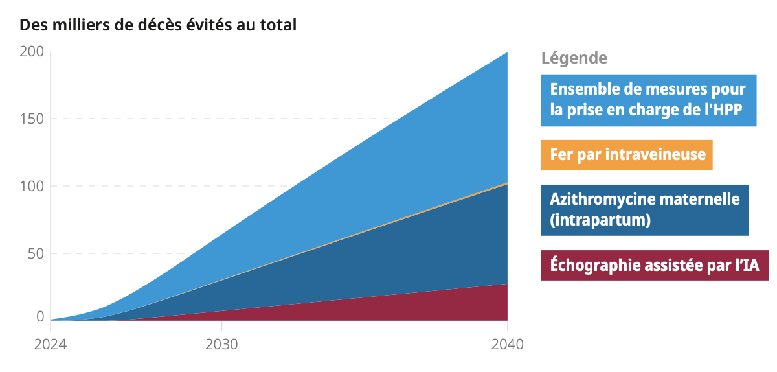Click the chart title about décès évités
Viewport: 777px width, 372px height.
pyautogui.click(x=158, y=25)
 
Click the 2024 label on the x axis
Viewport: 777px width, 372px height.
pyautogui.click(x=51, y=344)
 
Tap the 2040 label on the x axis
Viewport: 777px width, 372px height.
pyautogui.click(x=507, y=344)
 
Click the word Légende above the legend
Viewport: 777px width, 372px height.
pyautogui.click(x=574, y=58)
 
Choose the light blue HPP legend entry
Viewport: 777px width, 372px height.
pyautogui.click(x=648, y=100)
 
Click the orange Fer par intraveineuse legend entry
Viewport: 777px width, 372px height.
pyautogui.click(x=627, y=155)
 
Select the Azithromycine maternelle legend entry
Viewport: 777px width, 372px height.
pyautogui.click(x=644, y=209)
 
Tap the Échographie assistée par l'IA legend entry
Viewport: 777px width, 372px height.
pyautogui.click(x=655, y=265)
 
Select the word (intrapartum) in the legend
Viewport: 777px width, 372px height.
pyautogui.click(x=600, y=220)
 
